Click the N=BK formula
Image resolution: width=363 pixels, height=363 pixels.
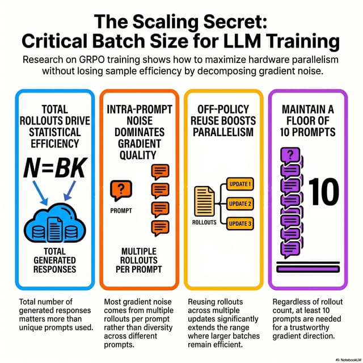pos(56,168)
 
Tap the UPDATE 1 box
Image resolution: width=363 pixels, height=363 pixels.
pos(240,184)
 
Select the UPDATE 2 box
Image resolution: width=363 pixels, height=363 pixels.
pos(240,204)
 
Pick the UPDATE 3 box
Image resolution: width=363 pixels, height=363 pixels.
pos(240,223)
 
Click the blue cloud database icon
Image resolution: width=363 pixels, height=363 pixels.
pos(55,223)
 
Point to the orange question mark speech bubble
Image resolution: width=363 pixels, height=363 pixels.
pos(121,191)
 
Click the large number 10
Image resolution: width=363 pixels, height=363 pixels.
pos(324,192)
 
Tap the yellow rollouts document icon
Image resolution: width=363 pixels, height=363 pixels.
pos(204,201)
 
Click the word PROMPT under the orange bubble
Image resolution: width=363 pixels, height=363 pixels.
pos(121,210)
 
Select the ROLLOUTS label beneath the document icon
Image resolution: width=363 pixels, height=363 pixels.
pos(204,222)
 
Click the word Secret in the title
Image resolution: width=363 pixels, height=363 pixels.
pos(235,22)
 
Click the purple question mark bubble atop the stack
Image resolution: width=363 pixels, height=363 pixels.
pos(290,155)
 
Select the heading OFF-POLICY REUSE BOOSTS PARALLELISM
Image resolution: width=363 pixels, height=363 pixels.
pos(223,121)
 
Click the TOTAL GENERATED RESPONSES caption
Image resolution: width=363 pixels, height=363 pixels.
pos(55,260)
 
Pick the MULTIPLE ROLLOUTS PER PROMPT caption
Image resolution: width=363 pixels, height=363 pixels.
pos(139,260)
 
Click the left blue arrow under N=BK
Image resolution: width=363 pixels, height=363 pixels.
pos(40,193)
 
